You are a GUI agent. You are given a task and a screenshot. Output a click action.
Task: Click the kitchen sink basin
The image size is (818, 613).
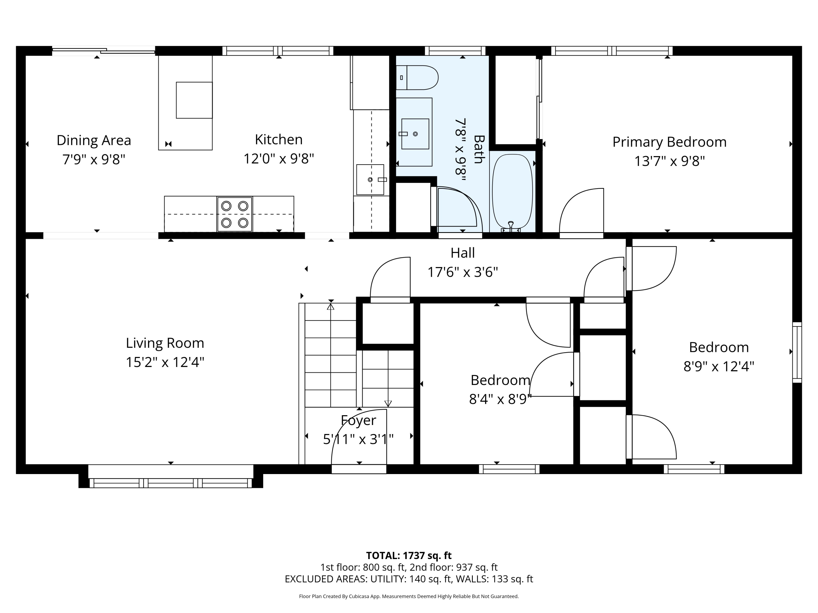(370, 180)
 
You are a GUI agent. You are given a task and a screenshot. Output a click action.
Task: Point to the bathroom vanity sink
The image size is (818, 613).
(415, 134)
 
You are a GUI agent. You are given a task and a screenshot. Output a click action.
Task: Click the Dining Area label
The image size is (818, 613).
(94, 140)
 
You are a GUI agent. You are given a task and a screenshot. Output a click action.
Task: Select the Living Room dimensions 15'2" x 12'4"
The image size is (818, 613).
(165, 362)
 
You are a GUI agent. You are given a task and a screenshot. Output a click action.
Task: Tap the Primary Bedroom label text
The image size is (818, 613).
(669, 142)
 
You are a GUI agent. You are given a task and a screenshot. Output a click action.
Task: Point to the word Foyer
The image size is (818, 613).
(358, 420)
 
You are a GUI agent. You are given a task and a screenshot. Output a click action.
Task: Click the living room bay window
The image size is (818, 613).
(170, 483)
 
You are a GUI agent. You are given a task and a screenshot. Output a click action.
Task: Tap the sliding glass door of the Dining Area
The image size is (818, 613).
(104, 51)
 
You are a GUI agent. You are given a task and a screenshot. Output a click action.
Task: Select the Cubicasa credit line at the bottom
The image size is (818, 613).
(409, 596)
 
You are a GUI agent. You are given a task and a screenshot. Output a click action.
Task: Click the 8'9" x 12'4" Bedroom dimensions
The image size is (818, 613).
(718, 366)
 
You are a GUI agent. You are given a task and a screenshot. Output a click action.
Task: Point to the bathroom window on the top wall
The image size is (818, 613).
(455, 51)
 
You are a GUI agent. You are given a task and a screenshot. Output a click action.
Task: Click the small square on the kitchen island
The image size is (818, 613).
(194, 100)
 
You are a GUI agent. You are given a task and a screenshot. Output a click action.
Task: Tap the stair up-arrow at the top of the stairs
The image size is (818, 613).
(330, 306)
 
